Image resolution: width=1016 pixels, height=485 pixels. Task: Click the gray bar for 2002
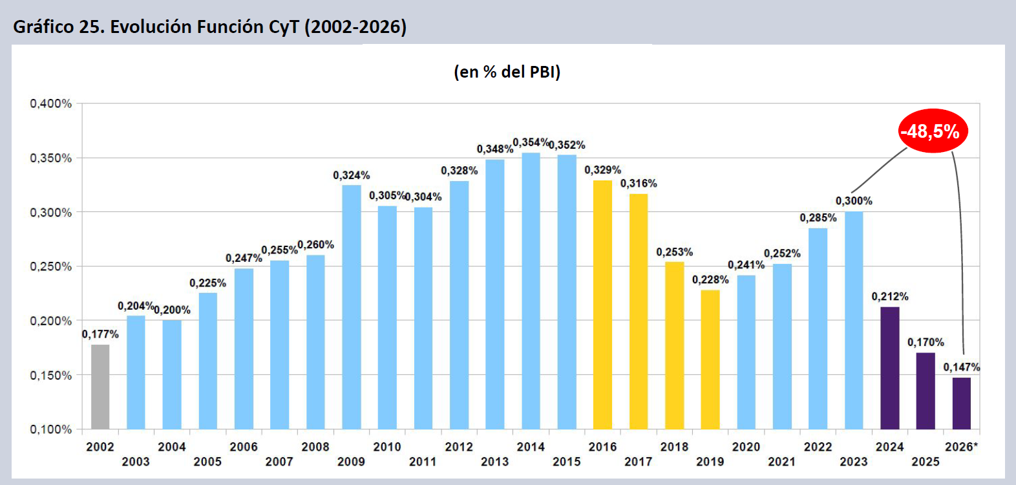[100, 387]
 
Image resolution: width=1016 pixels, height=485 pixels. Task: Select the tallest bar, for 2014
[531, 291]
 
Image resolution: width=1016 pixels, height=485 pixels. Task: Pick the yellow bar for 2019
[710, 360]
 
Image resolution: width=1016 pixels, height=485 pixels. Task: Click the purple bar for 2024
[890, 368]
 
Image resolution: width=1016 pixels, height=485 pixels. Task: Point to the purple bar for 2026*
[961, 404]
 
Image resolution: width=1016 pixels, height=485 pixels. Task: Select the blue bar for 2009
[352, 307]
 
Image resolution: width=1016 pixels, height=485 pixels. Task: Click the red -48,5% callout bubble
[933, 131]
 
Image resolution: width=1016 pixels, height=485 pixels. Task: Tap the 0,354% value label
[531, 142]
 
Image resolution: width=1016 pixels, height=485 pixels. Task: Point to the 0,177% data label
[100, 334]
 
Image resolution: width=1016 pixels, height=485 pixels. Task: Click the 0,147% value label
[962, 367]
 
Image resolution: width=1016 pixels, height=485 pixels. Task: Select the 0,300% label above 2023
[854, 201]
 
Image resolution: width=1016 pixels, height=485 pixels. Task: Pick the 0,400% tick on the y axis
[51, 103]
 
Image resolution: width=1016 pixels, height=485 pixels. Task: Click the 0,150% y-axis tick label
[51, 376]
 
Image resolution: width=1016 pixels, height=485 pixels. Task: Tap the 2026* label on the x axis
[961, 447]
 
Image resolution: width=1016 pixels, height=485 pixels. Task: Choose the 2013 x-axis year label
[495, 462]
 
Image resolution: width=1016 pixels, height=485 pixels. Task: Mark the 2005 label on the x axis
[207, 462]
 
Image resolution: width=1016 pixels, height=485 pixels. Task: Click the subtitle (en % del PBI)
[507, 72]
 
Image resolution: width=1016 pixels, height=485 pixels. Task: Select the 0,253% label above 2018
[674, 252]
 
